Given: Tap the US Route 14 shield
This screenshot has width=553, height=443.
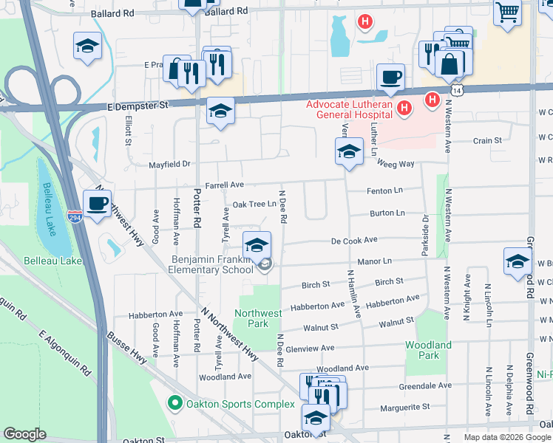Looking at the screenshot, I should (458, 89).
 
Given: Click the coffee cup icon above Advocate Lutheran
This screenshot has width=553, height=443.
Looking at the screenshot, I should (390, 76).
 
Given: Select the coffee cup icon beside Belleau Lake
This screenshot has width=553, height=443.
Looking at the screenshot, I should (96, 202).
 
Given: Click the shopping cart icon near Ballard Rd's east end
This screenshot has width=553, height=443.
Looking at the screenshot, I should (507, 11).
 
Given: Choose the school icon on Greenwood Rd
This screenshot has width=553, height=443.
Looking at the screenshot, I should (518, 261).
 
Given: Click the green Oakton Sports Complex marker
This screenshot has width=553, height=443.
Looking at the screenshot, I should (174, 403).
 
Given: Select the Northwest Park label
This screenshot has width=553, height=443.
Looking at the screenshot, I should (258, 318).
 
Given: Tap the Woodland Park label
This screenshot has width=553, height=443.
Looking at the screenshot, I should (428, 350).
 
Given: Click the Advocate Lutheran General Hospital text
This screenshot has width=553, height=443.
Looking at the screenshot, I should (350, 109).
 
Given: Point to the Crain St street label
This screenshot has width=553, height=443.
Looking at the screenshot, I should (487, 140).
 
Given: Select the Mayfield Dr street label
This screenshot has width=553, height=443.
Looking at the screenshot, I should (169, 164).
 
